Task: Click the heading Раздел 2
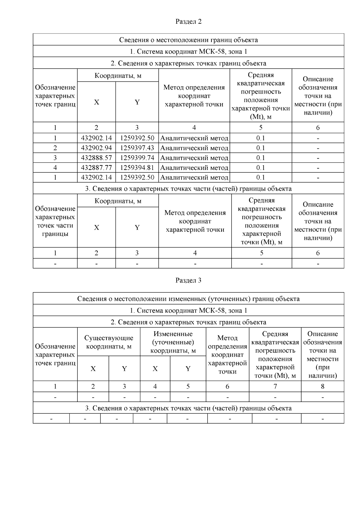188,22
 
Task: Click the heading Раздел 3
188,281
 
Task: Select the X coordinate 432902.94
96,148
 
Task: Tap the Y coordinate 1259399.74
137,158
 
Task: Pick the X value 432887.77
96,168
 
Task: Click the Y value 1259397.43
137,148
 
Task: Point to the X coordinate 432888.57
96,158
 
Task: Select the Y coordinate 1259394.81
137,168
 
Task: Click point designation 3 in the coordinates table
55,158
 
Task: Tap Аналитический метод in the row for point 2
194,148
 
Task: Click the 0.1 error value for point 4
261,168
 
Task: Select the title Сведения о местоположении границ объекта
188,40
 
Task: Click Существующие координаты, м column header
109,342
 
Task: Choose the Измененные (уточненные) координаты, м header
173,342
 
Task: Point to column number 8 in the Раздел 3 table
322,387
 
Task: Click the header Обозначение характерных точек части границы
55,221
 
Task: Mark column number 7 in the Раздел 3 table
275,387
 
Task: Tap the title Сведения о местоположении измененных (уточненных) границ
188,299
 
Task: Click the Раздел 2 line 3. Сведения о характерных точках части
188,189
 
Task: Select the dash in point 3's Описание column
318,158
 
